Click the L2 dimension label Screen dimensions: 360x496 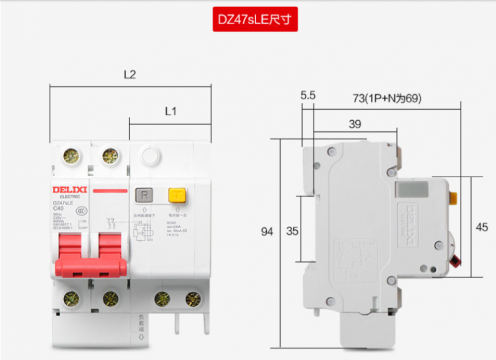pyautogui.click(x=130, y=75)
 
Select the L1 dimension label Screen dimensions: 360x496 pyautogui.click(x=171, y=112)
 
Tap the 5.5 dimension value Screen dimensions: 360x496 pyautogui.click(x=308, y=95)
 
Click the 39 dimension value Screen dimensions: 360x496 pyautogui.click(x=355, y=124)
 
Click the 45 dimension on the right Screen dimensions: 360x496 pyautogui.click(x=482, y=227)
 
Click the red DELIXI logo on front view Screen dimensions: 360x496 pyautogui.click(x=70, y=188)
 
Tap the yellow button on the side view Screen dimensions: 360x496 pyautogui.click(x=453, y=198)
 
